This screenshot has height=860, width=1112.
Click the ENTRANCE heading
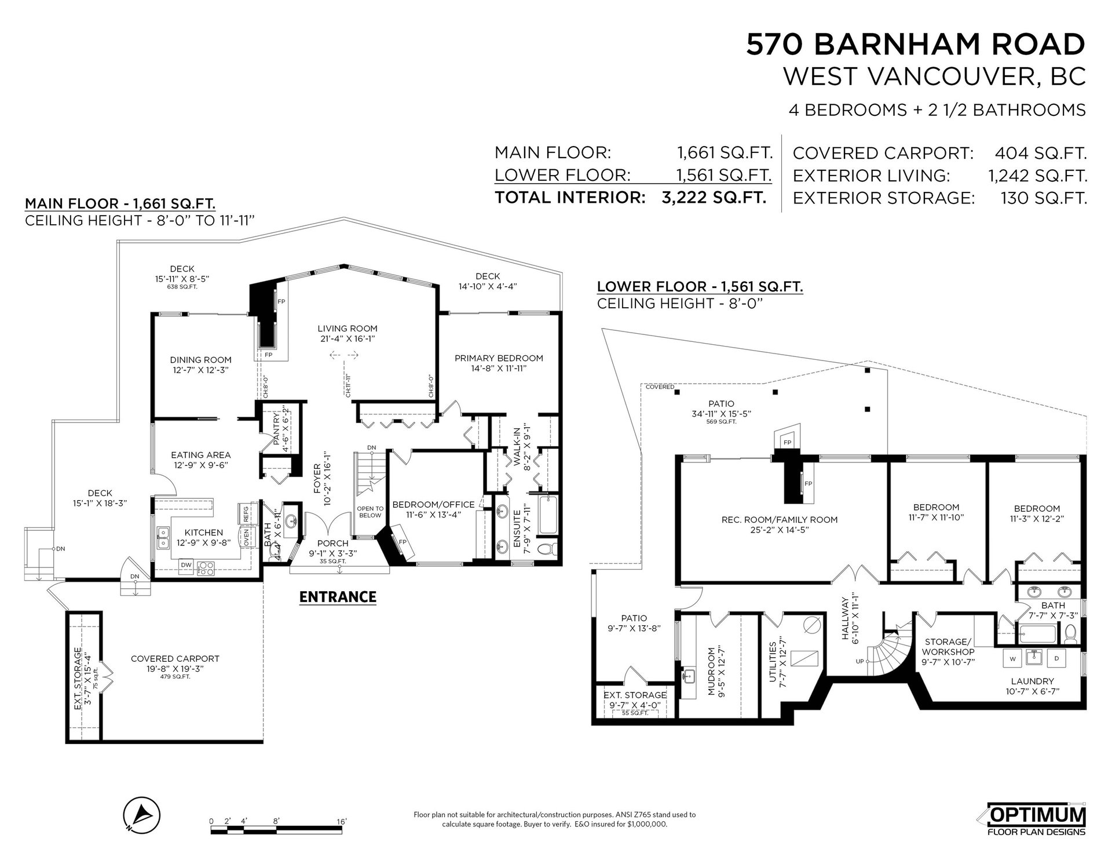pyautogui.click(x=338, y=596)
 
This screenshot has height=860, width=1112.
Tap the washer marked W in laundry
pyautogui.click(x=1013, y=658)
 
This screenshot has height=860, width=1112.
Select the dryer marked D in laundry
pyautogui.click(x=1056, y=658)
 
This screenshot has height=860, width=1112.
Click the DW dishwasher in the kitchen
pyautogui.click(x=186, y=564)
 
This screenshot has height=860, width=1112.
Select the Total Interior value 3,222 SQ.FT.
pyautogui.click(x=714, y=197)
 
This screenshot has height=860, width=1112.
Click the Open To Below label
pyautogui.click(x=370, y=512)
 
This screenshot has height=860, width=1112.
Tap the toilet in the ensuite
pyautogui.click(x=546, y=549)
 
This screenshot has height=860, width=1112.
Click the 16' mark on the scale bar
pyautogui.click(x=341, y=821)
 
